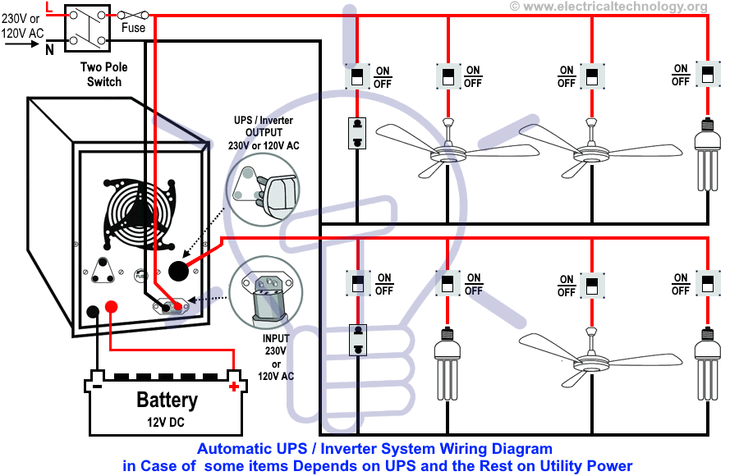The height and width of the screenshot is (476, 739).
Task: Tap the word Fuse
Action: [x=133, y=28]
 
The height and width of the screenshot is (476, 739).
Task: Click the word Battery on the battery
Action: [x=167, y=400]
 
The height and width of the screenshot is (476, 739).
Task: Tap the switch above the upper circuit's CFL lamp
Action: [x=705, y=75]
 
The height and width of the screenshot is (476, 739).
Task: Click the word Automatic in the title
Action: [x=232, y=449]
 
